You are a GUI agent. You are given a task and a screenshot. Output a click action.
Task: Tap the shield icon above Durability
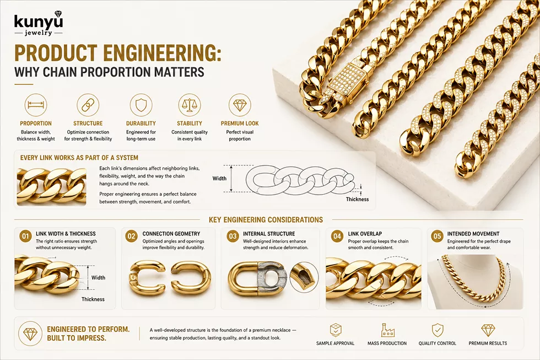tap(141, 105)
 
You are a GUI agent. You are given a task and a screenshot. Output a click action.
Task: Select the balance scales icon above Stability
tap(190, 105)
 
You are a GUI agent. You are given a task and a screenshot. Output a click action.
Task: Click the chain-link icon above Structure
tap(88, 105)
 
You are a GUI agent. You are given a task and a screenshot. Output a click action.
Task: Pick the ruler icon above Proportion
tap(36, 105)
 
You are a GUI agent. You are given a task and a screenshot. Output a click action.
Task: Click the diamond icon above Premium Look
tap(240, 105)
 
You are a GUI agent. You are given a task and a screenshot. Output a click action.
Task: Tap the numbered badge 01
tap(25, 237)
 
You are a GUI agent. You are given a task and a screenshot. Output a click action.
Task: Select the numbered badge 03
tap(233, 237)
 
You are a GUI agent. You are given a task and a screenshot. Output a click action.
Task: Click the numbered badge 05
tap(437, 237)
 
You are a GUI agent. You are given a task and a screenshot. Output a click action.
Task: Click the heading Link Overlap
tap(365, 234)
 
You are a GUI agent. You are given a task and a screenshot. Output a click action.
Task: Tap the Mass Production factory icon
tap(387, 330)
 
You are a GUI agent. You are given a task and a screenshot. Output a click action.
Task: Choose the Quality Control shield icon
tap(438, 330)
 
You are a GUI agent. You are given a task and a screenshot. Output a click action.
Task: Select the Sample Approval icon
tap(336, 330)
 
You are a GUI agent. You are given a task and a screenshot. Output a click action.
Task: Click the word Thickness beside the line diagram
tap(357, 199)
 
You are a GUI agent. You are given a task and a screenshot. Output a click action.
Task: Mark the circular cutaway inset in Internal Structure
tap(304, 277)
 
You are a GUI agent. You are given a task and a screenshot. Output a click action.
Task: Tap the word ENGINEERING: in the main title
tap(162, 53)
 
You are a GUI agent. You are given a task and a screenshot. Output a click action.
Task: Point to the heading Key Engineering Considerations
tap(266, 220)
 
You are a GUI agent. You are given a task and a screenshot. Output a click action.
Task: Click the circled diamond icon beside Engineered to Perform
tap(30, 334)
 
